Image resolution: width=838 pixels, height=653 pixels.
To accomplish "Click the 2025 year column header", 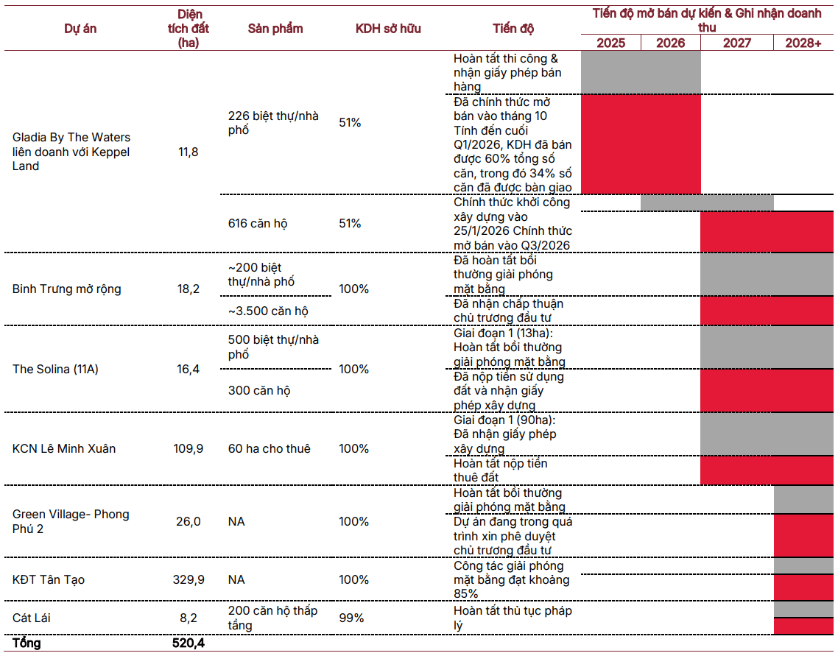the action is click(610, 43).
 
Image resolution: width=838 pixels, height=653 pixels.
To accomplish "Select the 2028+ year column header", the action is click(803, 43).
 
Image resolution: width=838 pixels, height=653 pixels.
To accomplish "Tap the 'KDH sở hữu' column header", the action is click(388, 29).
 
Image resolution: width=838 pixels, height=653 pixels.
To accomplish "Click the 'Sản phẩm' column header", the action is click(275, 29).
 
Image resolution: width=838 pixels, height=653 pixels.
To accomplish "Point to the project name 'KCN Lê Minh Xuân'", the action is click(64, 448).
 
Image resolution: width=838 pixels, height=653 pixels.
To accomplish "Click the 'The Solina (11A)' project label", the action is click(55, 369).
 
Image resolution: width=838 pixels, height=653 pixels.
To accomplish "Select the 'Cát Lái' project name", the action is click(31, 618).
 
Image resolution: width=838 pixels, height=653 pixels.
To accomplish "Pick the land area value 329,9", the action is click(188, 579).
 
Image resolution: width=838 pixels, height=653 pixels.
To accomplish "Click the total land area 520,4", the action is click(188, 643).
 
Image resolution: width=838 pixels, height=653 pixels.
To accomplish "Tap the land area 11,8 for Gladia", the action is click(188, 152).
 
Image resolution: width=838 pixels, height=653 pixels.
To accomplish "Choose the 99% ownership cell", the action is click(351, 618).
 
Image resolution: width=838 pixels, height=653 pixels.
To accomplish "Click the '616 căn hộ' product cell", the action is click(258, 223).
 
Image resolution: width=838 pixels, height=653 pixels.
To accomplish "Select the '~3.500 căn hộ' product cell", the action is click(268, 311).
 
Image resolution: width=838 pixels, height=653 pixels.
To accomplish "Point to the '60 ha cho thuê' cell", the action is click(270, 448).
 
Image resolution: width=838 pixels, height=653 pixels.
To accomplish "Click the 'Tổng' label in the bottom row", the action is click(27, 643).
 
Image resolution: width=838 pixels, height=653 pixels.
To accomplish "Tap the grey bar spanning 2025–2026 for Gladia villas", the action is click(641, 72).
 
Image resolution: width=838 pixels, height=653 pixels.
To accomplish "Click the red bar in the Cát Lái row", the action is click(803, 626).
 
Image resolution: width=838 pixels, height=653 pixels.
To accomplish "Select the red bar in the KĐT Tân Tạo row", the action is click(803, 587).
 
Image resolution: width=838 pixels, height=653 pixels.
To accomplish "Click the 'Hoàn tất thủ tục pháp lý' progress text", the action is click(513, 618).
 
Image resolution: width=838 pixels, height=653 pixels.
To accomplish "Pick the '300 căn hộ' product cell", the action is click(259, 391).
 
